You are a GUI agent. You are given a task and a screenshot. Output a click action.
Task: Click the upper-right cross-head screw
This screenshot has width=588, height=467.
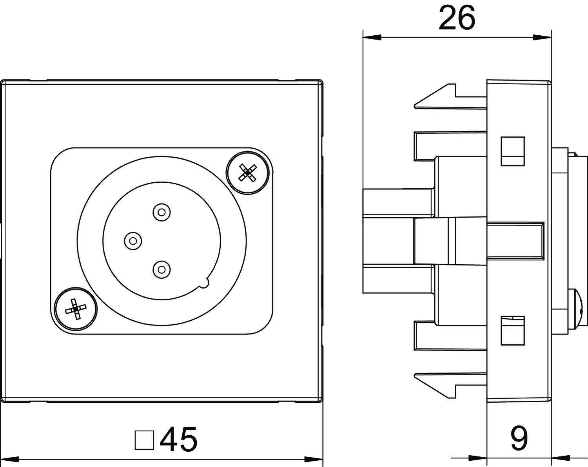(248, 173)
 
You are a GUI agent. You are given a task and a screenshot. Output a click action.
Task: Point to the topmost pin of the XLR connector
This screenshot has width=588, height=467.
(162, 213)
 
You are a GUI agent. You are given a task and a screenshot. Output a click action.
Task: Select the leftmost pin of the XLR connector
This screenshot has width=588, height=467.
(132, 240)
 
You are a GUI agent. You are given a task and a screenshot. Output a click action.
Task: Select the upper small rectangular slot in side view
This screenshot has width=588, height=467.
(513, 151)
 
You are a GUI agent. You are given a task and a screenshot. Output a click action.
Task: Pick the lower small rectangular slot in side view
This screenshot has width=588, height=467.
(513, 331)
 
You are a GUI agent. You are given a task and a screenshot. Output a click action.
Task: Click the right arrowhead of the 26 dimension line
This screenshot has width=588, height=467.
(543, 38)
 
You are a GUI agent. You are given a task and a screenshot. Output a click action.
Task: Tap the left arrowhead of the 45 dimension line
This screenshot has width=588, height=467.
(10, 458)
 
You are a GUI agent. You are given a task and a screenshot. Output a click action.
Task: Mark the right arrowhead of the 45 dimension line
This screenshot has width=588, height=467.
(314, 458)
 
